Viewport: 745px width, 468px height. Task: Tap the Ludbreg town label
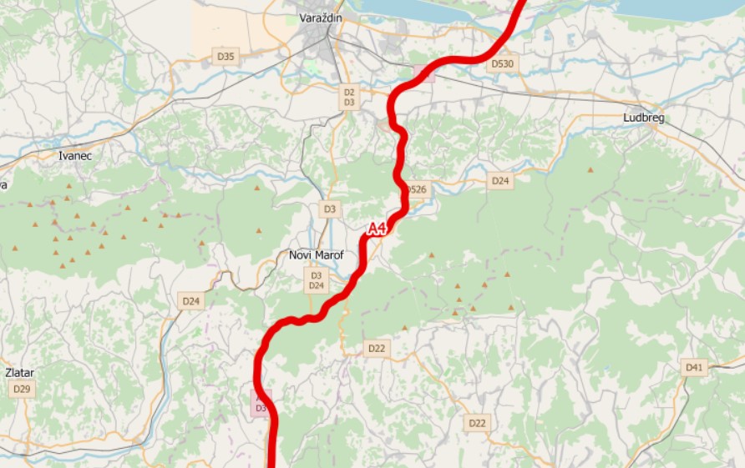(643, 118)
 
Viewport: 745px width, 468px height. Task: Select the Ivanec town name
(74, 155)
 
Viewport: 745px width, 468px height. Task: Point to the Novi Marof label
(316, 255)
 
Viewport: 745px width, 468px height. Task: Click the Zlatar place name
(19, 373)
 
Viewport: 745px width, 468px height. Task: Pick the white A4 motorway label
(378, 228)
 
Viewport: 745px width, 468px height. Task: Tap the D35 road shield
(226, 57)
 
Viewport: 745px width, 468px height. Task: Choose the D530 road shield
(503, 63)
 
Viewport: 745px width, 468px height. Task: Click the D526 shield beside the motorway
(416, 190)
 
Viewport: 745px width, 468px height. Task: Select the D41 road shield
(695, 367)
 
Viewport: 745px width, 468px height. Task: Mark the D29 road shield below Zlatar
(22, 390)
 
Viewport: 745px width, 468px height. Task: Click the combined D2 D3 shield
(349, 97)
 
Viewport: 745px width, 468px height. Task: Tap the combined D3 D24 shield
(316, 280)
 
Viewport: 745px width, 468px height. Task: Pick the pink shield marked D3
(261, 403)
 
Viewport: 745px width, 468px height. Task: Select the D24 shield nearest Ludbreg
(499, 180)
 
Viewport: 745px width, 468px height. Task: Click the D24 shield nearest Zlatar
(191, 300)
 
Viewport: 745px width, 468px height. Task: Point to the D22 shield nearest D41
(477, 423)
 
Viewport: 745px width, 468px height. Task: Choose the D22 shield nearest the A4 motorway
(376, 348)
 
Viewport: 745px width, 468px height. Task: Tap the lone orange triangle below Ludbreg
(590, 170)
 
